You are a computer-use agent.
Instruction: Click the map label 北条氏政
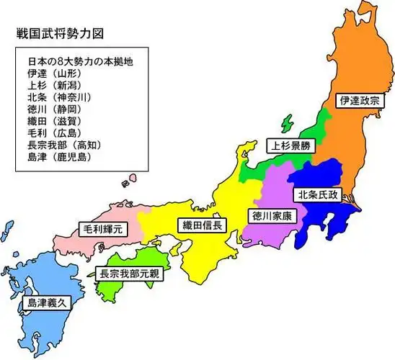318,194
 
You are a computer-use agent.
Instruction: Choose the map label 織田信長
202,225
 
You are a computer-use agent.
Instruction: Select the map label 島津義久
47,303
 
